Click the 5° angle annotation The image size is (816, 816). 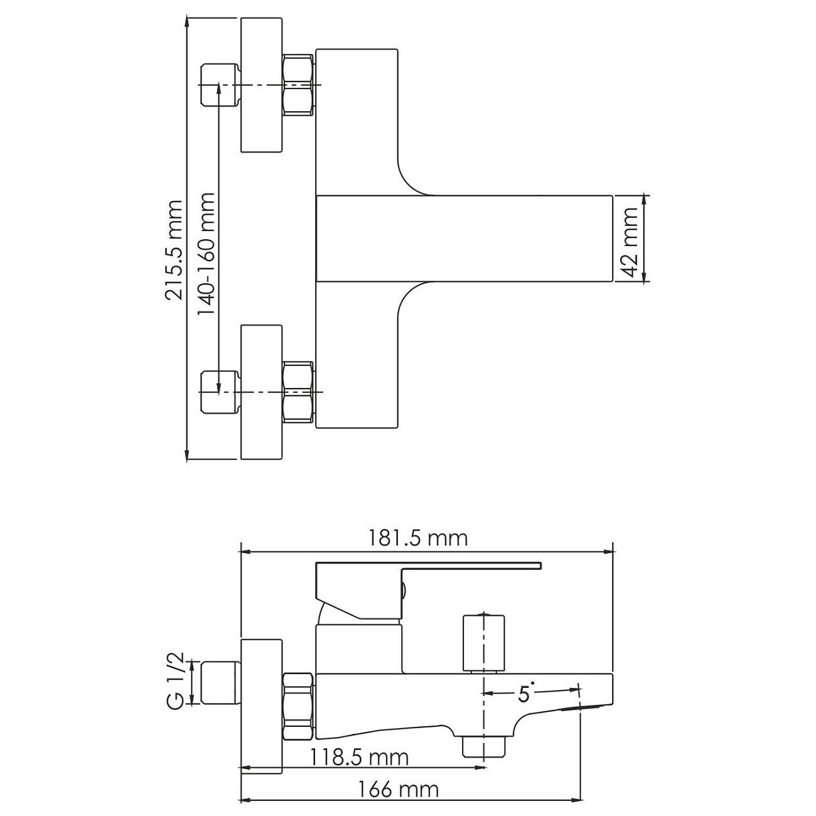tap(526, 692)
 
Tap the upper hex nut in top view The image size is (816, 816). tap(298, 85)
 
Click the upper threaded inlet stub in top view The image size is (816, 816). tap(220, 85)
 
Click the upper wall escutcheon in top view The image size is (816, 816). tap(262, 85)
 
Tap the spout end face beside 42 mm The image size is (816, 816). tap(611, 239)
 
